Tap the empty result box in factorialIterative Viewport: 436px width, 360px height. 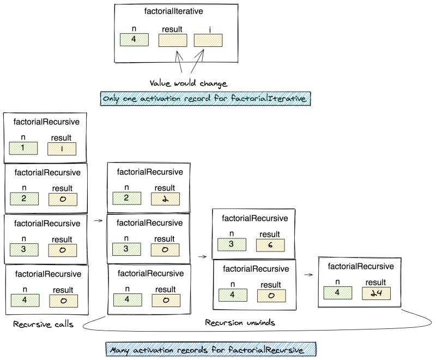[x=172, y=40]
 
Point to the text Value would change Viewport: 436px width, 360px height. [x=188, y=83]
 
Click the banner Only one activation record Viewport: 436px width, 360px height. [x=205, y=98]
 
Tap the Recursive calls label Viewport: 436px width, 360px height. [x=40, y=325]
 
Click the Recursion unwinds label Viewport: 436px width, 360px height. [x=240, y=322]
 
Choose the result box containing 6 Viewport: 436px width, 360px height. [x=270, y=245]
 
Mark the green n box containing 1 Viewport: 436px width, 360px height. [x=23, y=148]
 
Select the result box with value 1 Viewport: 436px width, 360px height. [x=61, y=148]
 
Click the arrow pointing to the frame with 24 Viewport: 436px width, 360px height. [x=308, y=275]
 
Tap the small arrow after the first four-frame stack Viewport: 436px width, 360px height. [x=98, y=220]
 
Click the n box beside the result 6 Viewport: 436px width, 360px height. [x=232, y=245]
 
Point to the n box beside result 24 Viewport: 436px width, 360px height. [x=337, y=292]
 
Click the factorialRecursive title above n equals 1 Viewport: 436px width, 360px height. [x=46, y=122]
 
